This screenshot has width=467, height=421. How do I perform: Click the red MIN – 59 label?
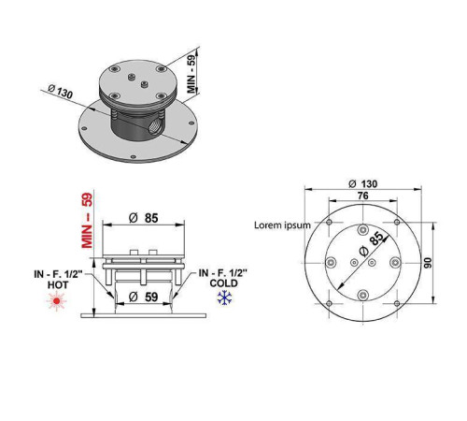[x=87, y=221]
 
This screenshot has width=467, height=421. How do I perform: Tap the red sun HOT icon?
[x=56, y=301]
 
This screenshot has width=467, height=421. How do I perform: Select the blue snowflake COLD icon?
[x=224, y=298]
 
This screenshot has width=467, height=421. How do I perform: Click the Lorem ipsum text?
[x=282, y=225]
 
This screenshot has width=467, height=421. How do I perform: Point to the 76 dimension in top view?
[x=363, y=196]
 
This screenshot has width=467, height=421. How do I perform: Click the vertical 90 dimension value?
[x=428, y=263]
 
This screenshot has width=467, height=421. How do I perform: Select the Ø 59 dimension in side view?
[x=144, y=297]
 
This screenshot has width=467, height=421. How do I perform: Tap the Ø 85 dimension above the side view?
[x=144, y=218]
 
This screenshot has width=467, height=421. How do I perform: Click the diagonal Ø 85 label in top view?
[x=372, y=244]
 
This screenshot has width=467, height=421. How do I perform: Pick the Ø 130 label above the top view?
[x=362, y=183]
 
